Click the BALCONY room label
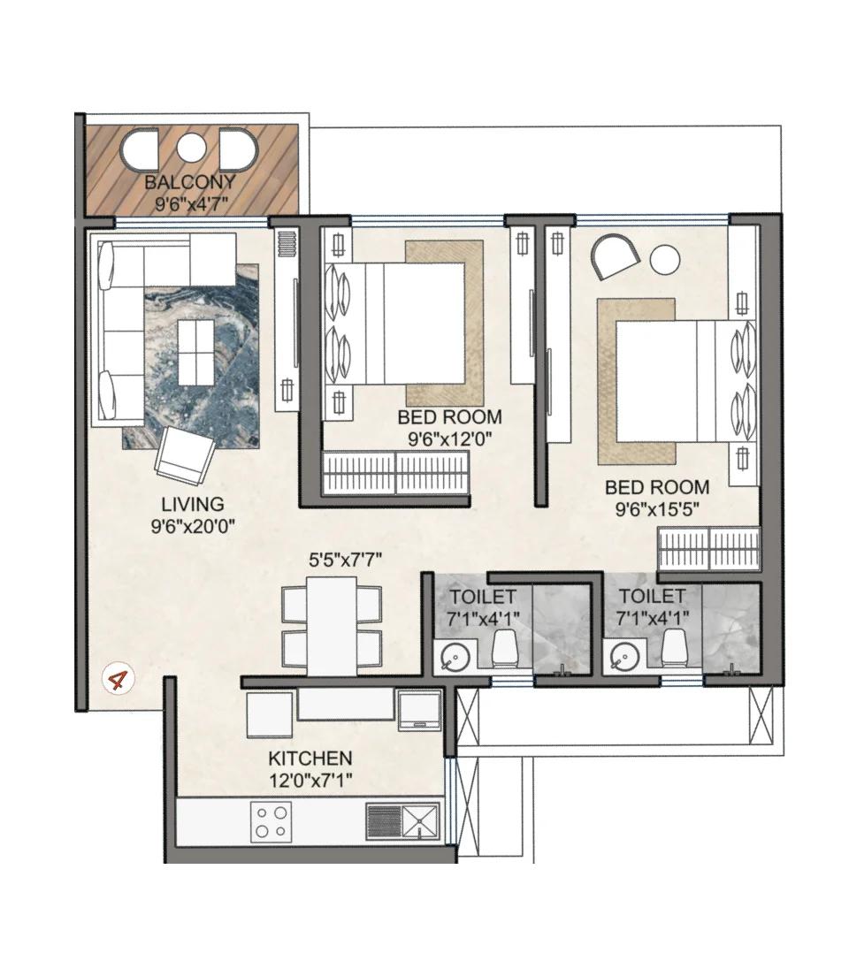click(x=190, y=183)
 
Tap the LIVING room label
click(x=192, y=505)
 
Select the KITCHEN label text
click(x=310, y=759)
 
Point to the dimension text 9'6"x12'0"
click(x=449, y=438)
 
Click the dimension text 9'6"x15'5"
click(x=656, y=508)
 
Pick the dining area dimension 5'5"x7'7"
click(x=345, y=560)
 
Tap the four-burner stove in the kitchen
click(x=272, y=821)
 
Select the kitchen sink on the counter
click(x=420, y=821)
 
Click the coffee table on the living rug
click(x=195, y=352)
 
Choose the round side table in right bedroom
click(x=665, y=260)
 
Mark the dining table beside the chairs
click(x=332, y=626)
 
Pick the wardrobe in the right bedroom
click(x=708, y=549)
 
